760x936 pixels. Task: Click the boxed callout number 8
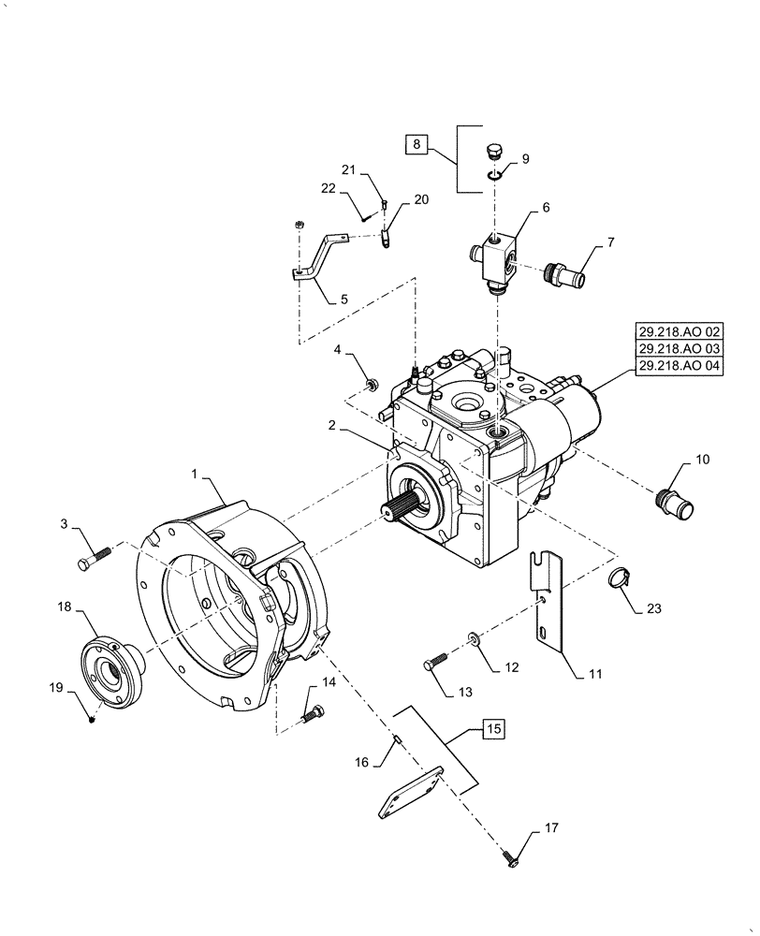417,145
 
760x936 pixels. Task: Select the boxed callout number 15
494,727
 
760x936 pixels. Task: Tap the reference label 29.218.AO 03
680,350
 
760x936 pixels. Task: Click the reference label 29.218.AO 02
680,332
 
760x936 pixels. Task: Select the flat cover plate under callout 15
408,793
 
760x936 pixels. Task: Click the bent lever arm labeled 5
315,256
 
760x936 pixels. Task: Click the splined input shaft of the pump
399,510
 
